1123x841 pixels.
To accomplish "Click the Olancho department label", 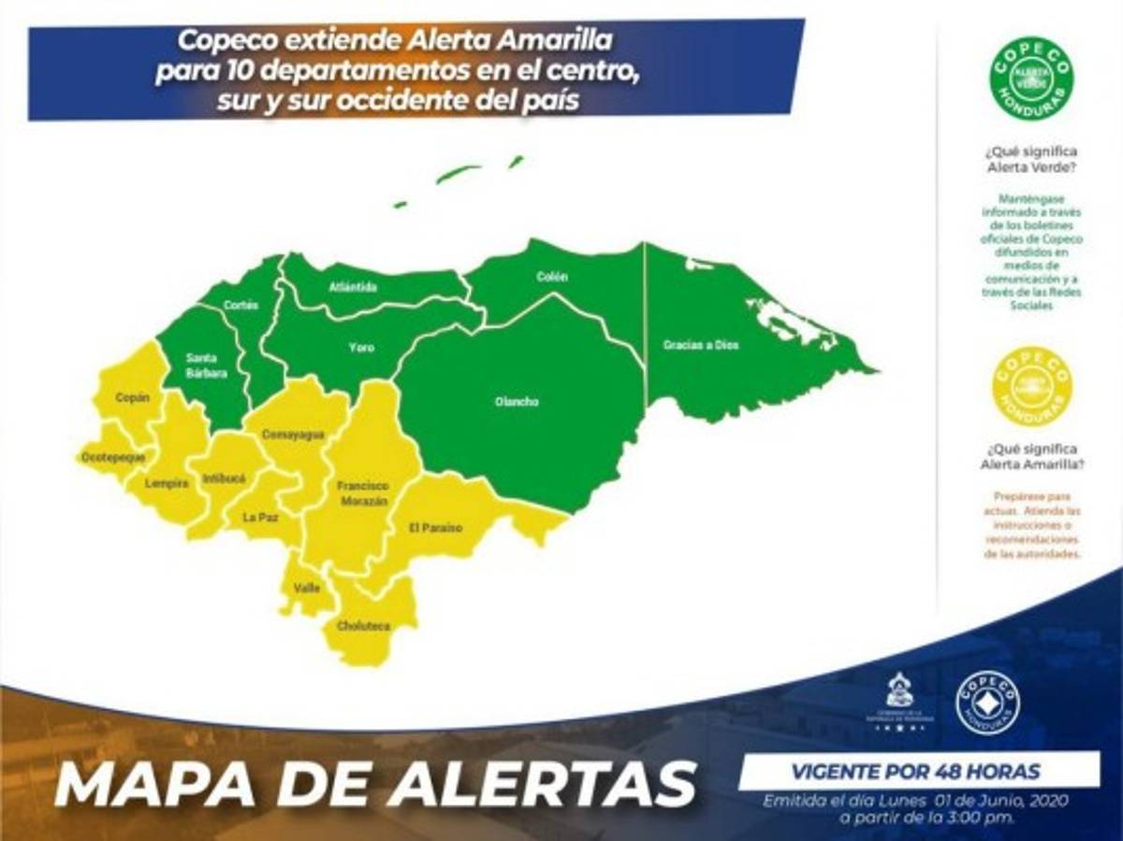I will tap(517, 402).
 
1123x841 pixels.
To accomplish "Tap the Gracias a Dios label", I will tap(701, 345).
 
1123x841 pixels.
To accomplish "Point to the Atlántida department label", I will tap(354, 287).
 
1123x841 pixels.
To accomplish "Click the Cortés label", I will tap(241, 305).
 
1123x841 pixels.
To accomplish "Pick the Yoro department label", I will tap(361, 348).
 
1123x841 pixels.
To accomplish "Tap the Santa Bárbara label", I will tap(206, 365).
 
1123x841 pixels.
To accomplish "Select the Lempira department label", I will tap(167, 484).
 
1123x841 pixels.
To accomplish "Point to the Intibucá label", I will tap(224, 478).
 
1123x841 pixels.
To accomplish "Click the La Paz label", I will tap(260, 515).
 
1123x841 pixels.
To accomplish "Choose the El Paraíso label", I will tap(436, 528).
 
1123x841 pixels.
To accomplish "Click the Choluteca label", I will tap(364, 626).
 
